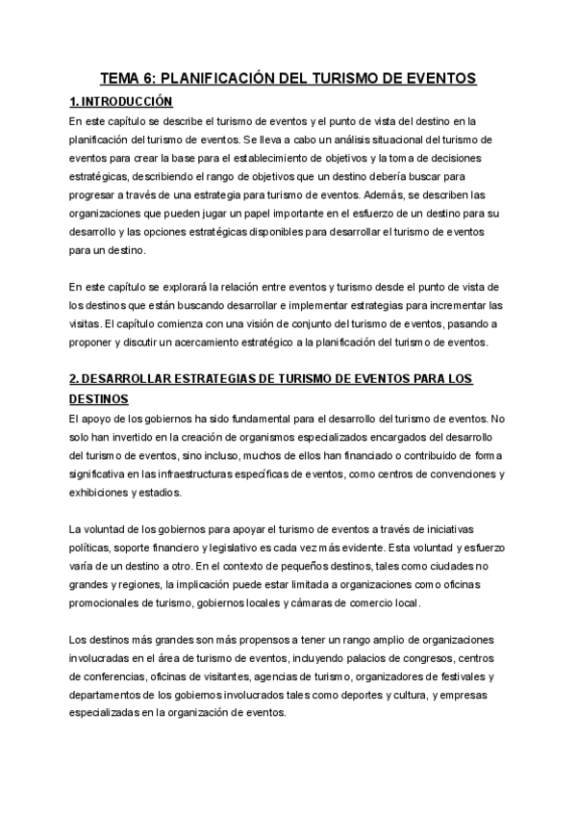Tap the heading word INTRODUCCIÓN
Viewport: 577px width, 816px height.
pyautogui.click(x=127, y=101)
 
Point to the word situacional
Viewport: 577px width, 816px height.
pyautogui.click(x=360, y=139)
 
